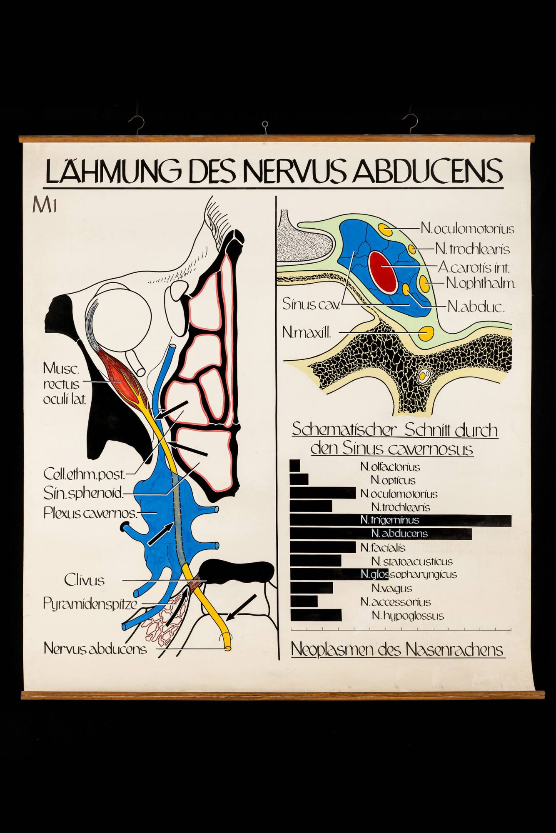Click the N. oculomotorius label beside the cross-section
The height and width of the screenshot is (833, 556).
[x=467, y=229]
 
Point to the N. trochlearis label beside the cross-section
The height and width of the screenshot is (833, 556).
[x=473, y=249]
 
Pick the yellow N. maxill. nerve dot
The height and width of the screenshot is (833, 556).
[x=426, y=333]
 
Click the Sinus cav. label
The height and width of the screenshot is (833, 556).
[x=311, y=304]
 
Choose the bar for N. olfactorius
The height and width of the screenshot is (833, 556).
[x=295, y=466]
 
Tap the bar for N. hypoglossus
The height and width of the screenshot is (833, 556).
[x=316, y=615]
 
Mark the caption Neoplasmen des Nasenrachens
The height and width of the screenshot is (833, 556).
[x=397, y=649]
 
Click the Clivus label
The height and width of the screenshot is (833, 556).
[x=84, y=580]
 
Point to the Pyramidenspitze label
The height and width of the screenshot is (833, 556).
[x=90, y=603]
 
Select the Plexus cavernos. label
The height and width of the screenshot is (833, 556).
[x=90, y=513]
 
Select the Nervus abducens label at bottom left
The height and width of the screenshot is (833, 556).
[x=95, y=648]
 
